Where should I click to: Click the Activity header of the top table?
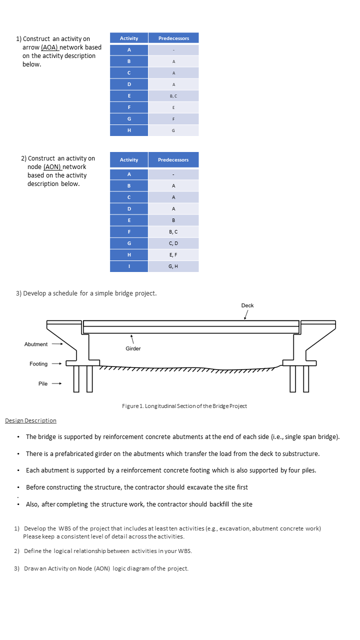tap(129, 38)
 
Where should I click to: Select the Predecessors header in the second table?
tap(173, 159)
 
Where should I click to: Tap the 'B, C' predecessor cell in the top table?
tap(173, 95)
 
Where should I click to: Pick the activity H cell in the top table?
tap(129, 130)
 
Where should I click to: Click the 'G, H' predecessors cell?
tap(173, 266)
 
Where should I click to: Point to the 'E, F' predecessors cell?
tap(173, 254)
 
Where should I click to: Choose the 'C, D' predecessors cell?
tap(173, 243)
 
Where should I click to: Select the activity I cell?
tap(129, 266)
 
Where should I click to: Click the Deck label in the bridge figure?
tap(247, 305)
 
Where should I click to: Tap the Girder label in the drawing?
tap(133, 348)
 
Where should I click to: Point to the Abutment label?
tap(36, 344)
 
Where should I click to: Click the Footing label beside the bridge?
tap(38, 364)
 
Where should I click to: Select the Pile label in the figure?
tap(43, 383)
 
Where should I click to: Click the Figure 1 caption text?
tap(184, 406)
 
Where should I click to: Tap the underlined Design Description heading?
tap(30, 420)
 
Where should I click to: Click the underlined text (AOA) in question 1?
tap(49, 47)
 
